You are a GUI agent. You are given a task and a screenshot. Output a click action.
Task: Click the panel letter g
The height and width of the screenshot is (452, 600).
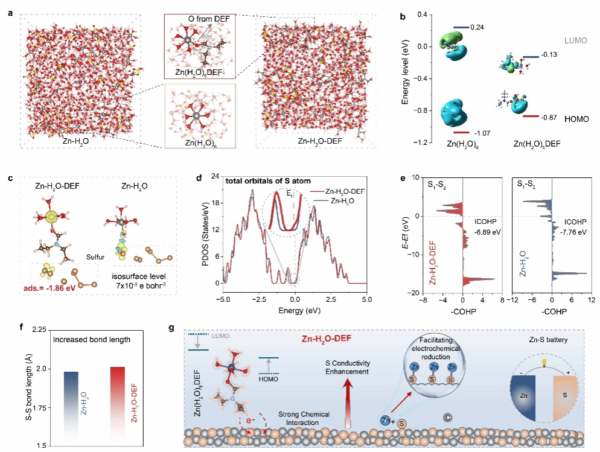[173, 329]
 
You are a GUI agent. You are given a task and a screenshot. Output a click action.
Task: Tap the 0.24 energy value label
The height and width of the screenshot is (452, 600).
[477, 27]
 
